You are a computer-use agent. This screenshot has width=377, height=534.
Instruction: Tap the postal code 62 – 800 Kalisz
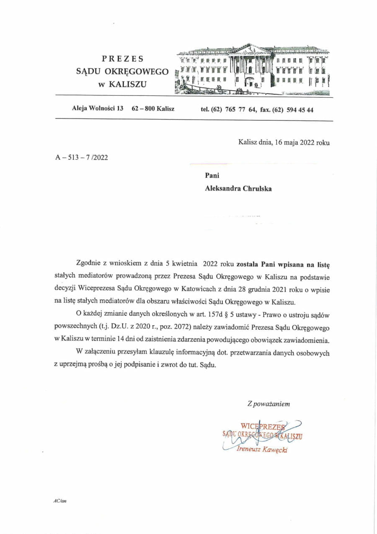click(x=153, y=109)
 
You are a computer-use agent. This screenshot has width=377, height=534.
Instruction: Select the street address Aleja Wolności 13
click(x=98, y=109)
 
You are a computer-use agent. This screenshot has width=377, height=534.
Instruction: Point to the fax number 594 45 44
click(x=300, y=110)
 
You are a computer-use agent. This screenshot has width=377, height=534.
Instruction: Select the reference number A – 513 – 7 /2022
click(x=81, y=158)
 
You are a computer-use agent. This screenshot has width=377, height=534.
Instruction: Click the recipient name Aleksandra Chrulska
click(x=238, y=189)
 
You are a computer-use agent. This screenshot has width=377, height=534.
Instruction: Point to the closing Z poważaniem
click(x=269, y=404)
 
